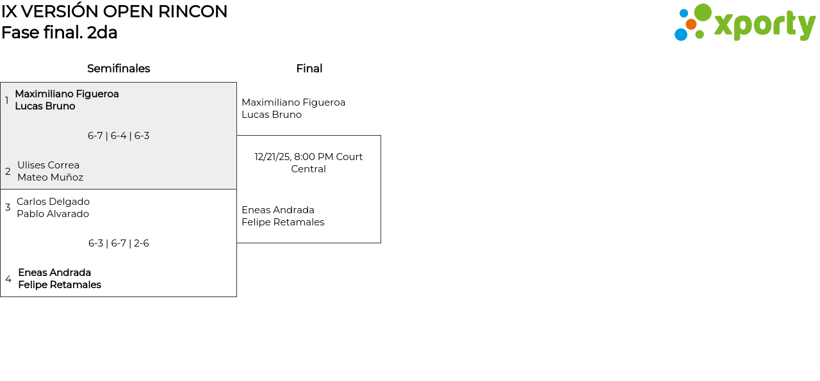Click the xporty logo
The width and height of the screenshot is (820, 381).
point(744,23)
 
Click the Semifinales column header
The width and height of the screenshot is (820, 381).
point(119,69)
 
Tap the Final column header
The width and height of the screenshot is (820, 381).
point(309,69)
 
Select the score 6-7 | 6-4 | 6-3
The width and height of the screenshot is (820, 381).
point(119,136)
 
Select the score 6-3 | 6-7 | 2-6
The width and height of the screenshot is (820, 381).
point(119,243)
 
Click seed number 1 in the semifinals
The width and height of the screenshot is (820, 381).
point(7,101)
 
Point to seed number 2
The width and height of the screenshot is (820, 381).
point(8,172)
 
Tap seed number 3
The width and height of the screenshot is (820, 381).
point(8,207)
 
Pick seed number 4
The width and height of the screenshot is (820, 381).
point(8,279)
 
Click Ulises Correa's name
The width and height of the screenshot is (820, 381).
point(49,165)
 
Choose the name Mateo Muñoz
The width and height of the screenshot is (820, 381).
point(50,177)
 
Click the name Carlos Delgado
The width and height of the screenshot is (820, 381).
point(53,202)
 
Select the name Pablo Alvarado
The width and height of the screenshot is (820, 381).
point(53,214)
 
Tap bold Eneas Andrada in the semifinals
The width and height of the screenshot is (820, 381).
point(54,273)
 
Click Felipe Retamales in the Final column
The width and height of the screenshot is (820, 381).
point(283,222)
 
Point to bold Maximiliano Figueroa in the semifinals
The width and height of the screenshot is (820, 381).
point(67,94)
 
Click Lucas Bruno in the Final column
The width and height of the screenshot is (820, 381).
point(272,115)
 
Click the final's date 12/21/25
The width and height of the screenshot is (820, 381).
point(273,157)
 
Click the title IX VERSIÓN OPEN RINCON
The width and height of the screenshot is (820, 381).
point(114,12)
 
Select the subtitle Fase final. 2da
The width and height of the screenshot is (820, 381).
point(60,33)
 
